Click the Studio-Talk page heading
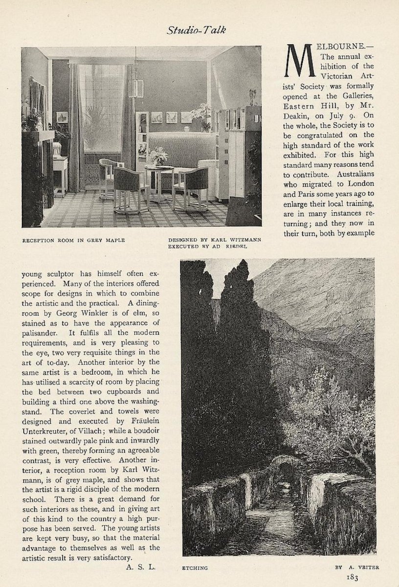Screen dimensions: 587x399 199,30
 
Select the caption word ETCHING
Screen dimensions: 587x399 196,568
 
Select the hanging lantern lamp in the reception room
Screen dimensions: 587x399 138,88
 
